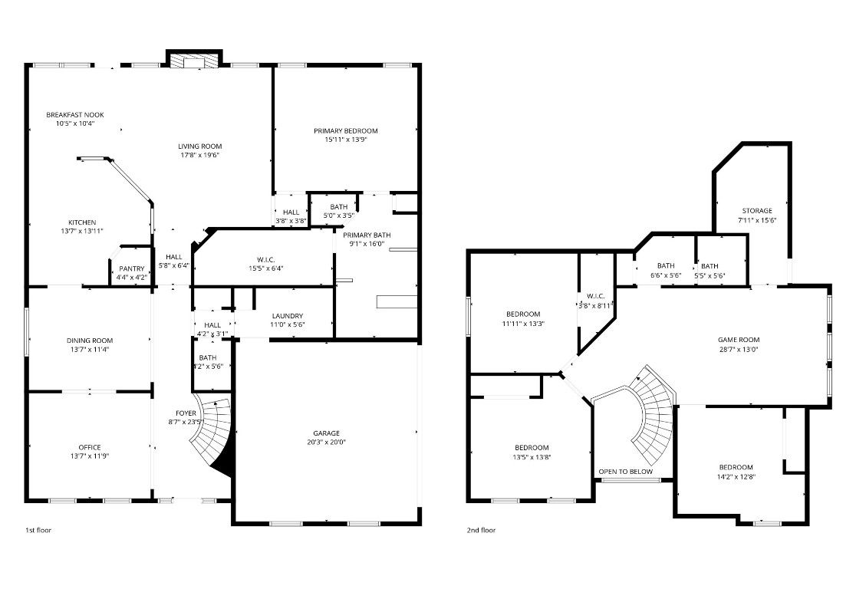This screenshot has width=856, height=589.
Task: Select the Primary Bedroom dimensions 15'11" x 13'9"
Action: (x=346, y=140)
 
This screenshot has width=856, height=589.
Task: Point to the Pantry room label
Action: (x=131, y=268)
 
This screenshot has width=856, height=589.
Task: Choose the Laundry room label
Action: (x=287, y=316)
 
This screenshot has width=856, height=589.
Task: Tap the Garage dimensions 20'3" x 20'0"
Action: (x=325, y=442)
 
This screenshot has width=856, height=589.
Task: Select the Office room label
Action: (x=89, y=447)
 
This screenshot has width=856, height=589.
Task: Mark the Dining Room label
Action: (x=89, y=341)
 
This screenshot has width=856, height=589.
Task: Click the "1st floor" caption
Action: (x=38, y=530)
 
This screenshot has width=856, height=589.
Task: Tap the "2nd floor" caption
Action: (x=481, y=530)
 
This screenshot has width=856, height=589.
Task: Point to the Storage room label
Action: (x=756, y=211)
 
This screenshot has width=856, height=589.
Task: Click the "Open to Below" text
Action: (x=625, y=472)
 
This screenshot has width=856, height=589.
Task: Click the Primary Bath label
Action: (x=367, y=235)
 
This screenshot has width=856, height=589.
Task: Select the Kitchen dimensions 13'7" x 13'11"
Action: (x=81, y=231)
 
